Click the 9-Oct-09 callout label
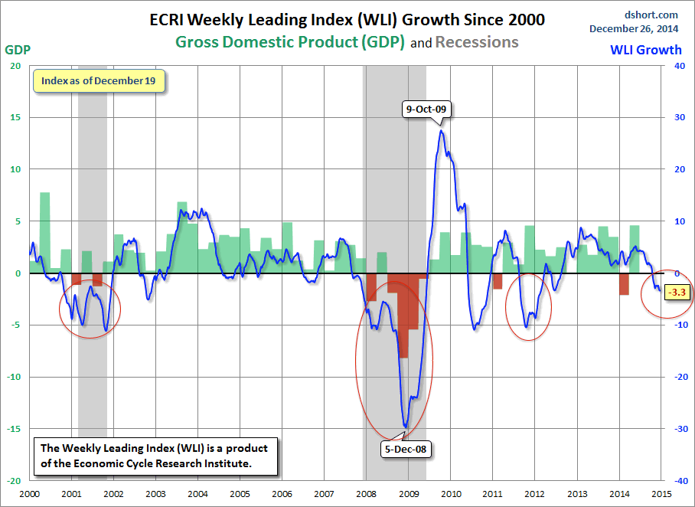(x=426, y=110)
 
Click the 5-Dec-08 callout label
(x=405, y=450)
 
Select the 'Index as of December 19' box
(x=99, y=81)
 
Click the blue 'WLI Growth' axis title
(x=645, y=50)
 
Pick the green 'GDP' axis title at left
(x=17, y=50)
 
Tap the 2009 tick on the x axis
(x=408, y=494)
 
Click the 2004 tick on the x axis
(x=197, y=494)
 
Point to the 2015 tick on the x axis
(x=661, y=494)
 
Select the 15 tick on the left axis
(x=15, y=117)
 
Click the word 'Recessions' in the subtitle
(x=477, y=42)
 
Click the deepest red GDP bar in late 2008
(x=403, y=316)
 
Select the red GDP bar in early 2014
(x=624, y=284)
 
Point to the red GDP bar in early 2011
(x=498, y=281)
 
